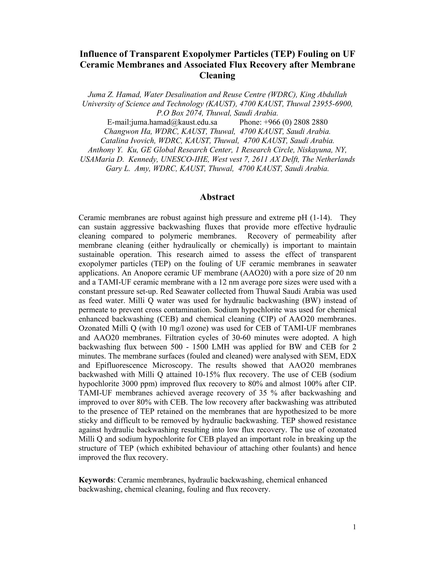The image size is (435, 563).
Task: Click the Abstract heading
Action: (217, 197)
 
